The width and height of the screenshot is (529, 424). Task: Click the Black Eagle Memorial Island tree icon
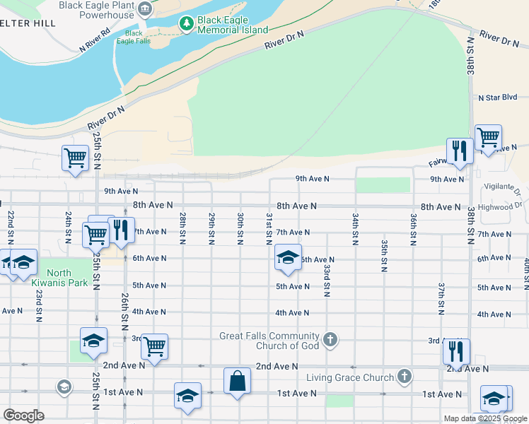click(187, 24)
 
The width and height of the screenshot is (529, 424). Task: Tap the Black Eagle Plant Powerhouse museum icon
click(145, 9)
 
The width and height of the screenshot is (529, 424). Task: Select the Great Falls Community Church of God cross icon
click(329, 341)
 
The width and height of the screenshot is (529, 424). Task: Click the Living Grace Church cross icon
click(404, 377)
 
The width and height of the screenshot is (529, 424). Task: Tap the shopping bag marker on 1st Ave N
click(238, 381)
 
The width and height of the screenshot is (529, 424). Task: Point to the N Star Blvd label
click(498, 98)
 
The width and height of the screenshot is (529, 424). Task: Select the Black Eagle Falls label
click(134, 37)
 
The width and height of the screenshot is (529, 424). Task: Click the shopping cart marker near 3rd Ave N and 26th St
click(154, 346)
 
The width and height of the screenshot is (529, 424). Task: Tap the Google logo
click(24, 415)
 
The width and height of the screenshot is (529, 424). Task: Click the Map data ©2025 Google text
click(485, 418)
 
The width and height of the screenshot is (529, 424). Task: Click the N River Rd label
click(95, 42)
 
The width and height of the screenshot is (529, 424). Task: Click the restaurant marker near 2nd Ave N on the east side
click(456, 351)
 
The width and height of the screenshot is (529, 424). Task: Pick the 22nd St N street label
click(11, 224)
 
